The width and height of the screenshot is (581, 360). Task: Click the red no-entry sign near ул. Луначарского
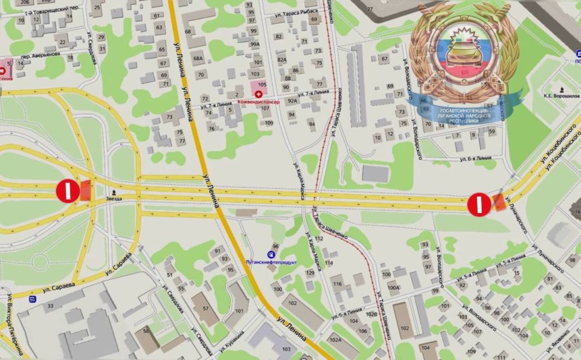[478, 203]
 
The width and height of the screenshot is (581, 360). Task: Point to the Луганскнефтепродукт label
[270, 262]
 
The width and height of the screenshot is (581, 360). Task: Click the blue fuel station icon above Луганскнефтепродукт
[270, 254]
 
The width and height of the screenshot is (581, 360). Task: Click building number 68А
[199, 59]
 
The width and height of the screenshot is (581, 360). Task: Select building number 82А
[282, 59]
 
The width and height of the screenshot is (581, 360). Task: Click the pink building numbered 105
[262, 85]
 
